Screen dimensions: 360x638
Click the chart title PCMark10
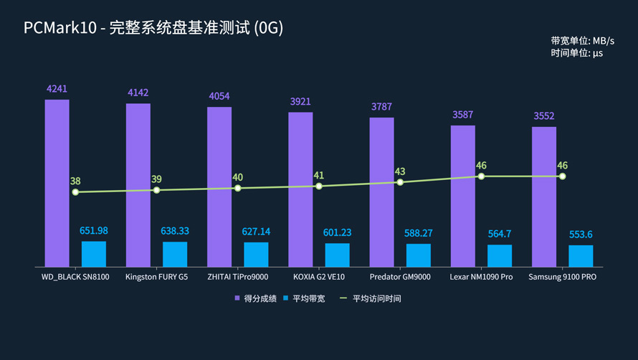click(153, 28)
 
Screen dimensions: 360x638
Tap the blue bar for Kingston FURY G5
click(175, 254)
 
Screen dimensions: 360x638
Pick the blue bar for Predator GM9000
click(419, 255)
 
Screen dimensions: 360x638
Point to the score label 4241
click(57, 89)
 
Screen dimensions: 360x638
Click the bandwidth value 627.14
click(256, 232)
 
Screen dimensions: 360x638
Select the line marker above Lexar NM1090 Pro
click(481, 176)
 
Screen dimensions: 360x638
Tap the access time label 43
click(400, 171)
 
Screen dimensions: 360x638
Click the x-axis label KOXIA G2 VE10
click(319, 277)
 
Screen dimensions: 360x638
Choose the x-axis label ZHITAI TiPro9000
click(237, 277)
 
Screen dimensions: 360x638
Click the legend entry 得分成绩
click(253, 298)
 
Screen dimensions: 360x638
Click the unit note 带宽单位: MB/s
click(582, 41)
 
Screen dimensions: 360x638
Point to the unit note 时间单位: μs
click(576, 53)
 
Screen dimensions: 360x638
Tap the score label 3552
click(544, 116)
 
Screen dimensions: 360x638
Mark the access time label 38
click(75, 181)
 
